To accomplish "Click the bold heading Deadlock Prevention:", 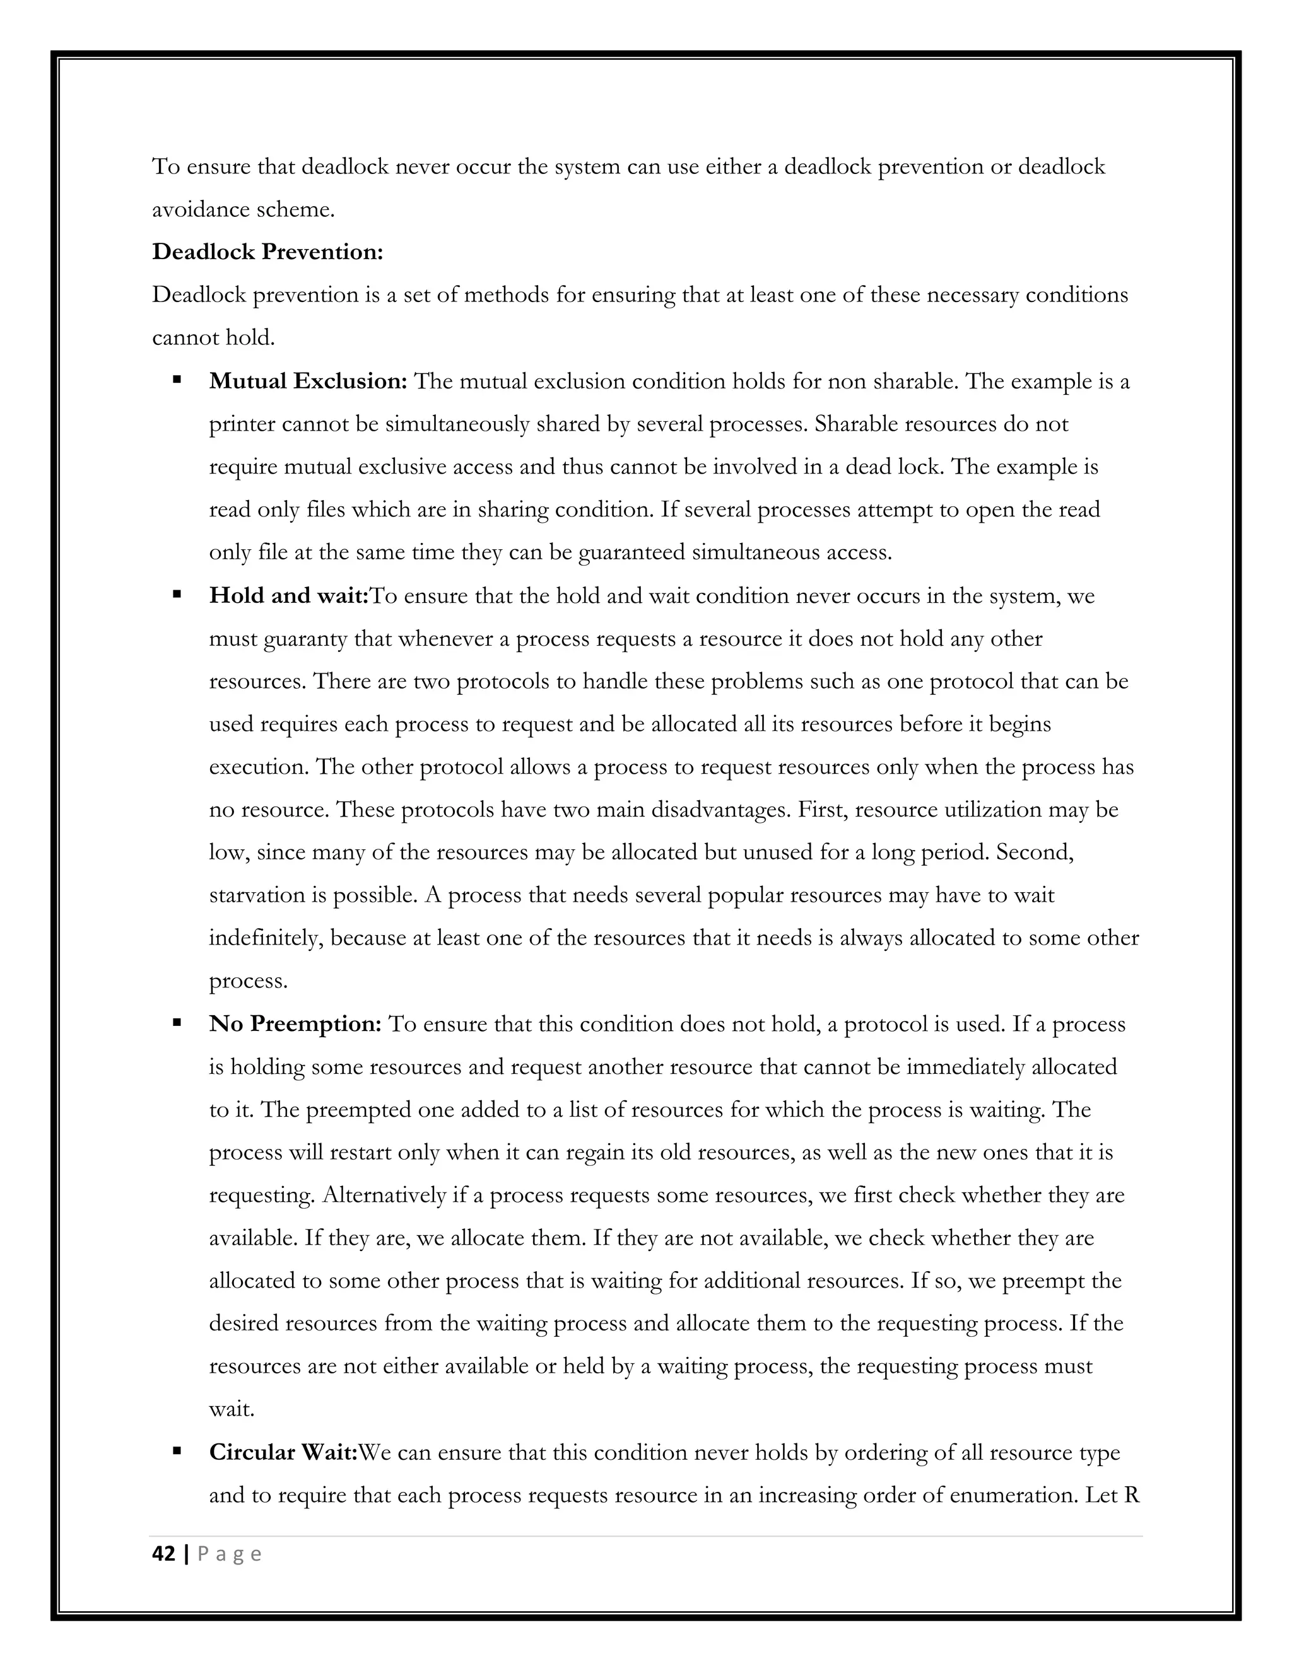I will [267, 252].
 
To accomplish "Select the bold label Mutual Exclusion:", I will [308, 381].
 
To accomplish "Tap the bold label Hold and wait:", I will [288, 595].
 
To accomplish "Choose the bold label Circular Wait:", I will [283, 1452].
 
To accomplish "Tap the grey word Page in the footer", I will [230, 1554].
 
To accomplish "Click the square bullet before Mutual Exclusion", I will [177, 379].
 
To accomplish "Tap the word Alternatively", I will [384, 1195].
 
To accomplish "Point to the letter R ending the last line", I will [1132, 1495].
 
